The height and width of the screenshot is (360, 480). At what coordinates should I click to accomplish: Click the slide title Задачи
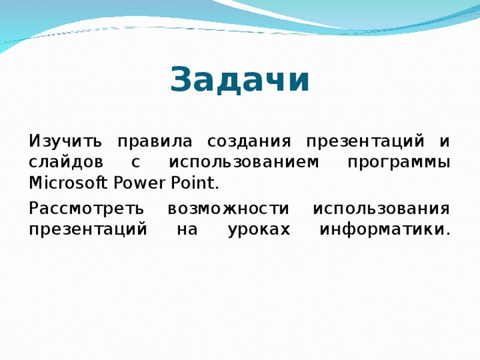click(239, 79)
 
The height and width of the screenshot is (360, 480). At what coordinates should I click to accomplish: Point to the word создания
click(241, 141)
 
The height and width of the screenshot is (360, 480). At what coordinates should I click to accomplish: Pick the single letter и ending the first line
click(445, 141)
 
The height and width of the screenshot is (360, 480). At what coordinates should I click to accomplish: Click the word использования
click(381, 208)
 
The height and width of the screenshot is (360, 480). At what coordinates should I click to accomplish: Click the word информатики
click(385, 229)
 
